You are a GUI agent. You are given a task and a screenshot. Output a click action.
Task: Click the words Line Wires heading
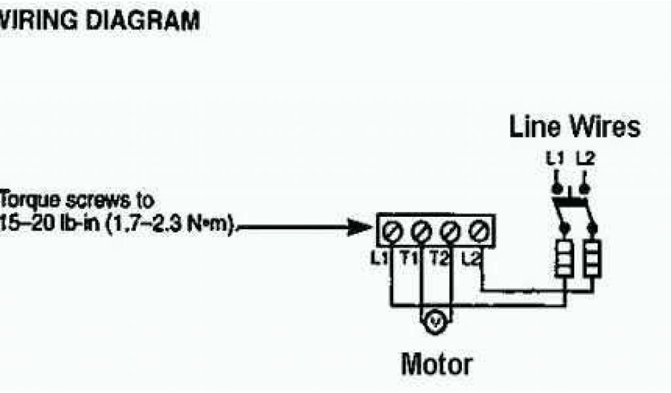click(574, 127)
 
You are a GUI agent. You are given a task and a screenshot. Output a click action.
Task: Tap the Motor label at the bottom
click(436, 364)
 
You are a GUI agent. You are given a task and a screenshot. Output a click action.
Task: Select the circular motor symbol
click(435, 321)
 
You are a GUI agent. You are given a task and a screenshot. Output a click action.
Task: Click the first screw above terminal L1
click(393, 231)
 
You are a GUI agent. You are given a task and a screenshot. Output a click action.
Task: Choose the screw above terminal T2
click(450, 231)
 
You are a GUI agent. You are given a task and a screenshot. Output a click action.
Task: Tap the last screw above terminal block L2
click(478, 231)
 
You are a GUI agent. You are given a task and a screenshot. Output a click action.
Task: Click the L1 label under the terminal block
click(378, 259)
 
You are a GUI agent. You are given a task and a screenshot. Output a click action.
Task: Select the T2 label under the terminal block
click(438, 259)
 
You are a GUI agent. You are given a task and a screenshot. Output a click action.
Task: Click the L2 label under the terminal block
click(471, 259)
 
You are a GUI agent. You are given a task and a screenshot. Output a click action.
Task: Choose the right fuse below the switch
click(592, 259)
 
